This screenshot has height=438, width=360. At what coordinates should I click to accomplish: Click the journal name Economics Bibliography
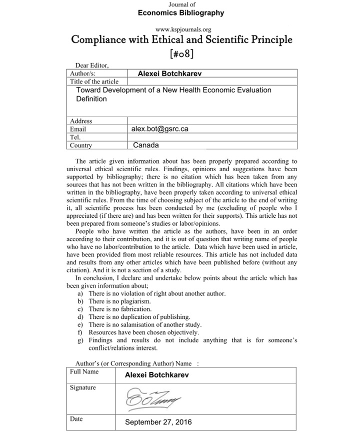(181, 13)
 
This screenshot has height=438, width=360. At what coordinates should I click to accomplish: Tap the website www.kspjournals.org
(180, 30)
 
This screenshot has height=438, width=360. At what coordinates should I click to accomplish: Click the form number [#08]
(181, 53)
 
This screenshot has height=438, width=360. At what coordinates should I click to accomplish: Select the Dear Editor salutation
(91, 65)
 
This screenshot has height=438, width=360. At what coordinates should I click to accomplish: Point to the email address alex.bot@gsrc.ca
(159, 129)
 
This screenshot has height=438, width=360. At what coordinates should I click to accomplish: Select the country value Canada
(146, 145)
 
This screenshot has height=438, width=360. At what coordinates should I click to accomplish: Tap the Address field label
(81, 121)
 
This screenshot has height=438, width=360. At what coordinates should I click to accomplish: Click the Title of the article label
(94, 81)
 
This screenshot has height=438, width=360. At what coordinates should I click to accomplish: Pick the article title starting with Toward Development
(173, 94)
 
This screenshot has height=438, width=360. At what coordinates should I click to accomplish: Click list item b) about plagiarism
(119, 301)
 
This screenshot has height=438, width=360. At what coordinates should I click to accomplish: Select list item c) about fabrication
(119, 309)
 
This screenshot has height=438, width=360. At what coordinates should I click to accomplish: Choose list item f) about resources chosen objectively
(143, 332)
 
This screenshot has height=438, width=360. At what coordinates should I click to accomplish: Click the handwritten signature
(153, 398)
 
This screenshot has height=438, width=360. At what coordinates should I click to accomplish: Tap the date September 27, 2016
(158, 422)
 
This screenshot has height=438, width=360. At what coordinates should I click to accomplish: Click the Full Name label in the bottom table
(84, 372)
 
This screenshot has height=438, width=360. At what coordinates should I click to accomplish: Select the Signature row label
(82, 387)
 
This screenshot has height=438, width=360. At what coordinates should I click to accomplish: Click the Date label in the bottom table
(76, 419)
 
